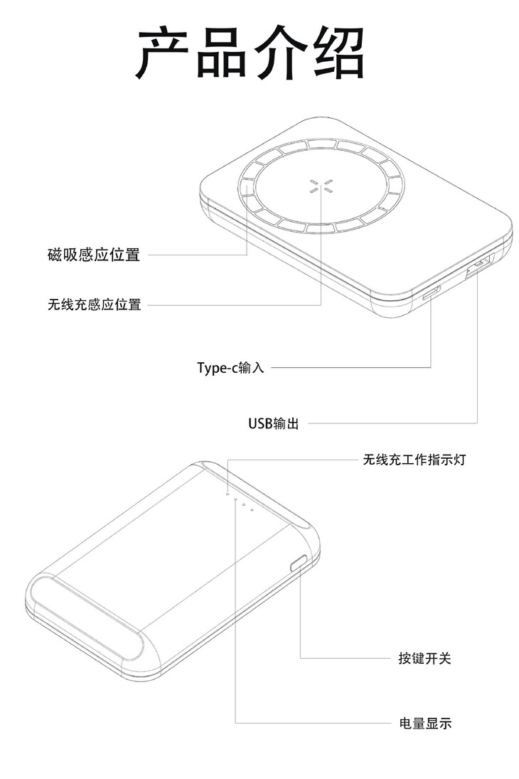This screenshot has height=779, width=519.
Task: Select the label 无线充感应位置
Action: (94, 305)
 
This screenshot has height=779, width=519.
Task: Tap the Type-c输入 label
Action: (230, 368)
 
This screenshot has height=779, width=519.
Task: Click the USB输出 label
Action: (273, 424)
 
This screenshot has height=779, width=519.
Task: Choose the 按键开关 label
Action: (424, 658)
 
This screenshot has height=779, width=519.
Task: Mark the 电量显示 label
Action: (424, 724)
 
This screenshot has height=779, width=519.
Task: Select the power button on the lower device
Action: (299, 564)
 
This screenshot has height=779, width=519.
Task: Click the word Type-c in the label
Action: (215, 368)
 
